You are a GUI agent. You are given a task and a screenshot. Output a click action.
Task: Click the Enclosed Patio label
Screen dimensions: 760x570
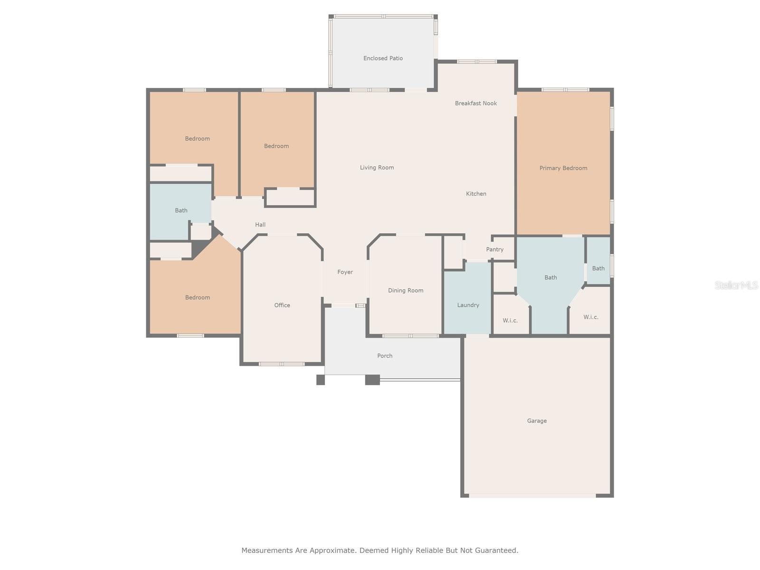383,58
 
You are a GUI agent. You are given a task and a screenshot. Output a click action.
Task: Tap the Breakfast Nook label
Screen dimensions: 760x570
476,103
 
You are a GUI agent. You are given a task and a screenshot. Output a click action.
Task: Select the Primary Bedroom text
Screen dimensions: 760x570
563,168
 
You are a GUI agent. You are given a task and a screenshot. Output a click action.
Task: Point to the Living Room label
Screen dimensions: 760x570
377,168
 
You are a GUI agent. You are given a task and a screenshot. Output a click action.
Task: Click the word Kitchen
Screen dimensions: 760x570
476,194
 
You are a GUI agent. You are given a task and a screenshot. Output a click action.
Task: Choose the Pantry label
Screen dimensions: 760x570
495,249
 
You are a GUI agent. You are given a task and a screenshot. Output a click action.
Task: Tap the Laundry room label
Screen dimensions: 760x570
468,305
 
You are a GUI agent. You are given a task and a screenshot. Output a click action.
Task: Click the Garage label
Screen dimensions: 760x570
537,421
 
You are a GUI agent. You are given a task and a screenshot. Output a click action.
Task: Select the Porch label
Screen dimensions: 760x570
385,356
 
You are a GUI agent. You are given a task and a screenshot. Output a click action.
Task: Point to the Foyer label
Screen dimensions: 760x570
345,272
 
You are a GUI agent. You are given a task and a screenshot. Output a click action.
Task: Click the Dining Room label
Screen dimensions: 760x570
406,290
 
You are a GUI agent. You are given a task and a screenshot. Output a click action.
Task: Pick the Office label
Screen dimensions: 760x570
282,305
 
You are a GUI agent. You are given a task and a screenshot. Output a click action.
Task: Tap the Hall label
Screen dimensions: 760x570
260,225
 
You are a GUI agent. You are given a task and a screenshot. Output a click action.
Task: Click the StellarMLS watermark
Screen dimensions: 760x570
736,285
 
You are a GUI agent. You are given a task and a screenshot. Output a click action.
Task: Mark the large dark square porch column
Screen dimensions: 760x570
372,380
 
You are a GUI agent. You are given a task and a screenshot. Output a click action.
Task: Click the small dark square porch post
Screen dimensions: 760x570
321,380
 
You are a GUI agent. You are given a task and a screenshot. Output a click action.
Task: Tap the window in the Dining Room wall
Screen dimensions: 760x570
410,336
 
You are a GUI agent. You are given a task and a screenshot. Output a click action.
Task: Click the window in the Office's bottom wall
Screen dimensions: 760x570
282,364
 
